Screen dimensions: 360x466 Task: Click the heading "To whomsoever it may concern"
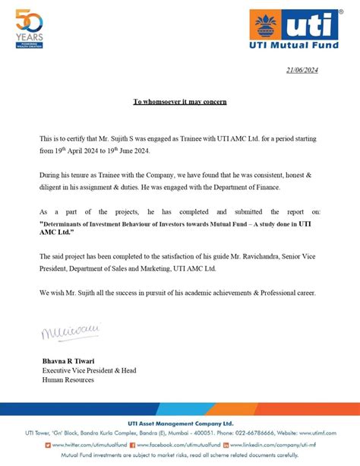pos(180,101)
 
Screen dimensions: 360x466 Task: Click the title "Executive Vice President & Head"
pos(89,369)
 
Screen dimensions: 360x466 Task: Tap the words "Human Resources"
pos(68,379)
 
